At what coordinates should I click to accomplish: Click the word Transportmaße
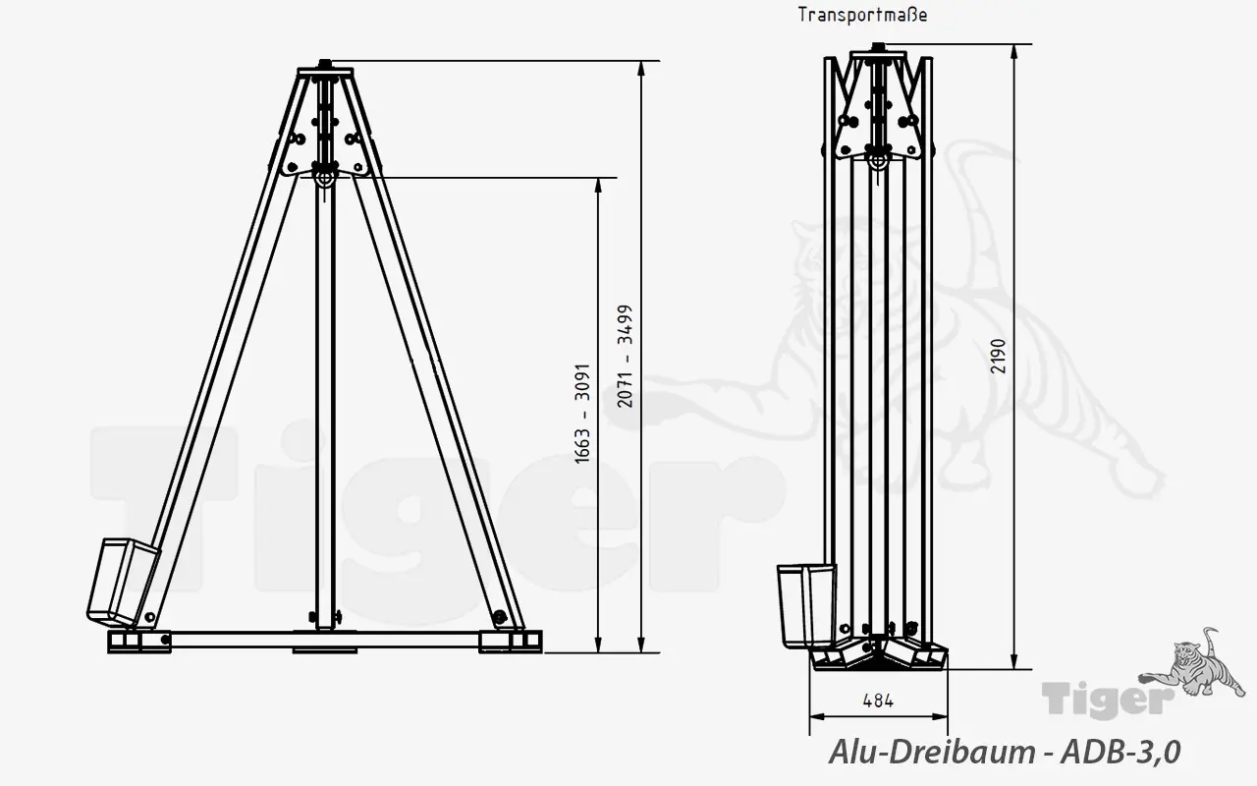[862, 15]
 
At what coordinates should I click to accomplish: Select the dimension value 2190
[999, 356]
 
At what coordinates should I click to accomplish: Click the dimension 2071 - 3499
[626, 356]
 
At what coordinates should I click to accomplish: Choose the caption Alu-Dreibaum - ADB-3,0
[1005, 752]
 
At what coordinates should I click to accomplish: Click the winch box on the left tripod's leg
[124, 581]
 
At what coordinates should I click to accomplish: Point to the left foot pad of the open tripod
[137, 642]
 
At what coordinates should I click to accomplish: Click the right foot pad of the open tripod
[510, 642]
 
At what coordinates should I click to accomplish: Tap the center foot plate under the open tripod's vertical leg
[324, 648]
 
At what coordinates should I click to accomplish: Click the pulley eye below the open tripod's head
[323, 178]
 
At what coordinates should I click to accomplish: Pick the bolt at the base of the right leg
[501, 617]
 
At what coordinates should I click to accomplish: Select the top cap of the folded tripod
[880, 48]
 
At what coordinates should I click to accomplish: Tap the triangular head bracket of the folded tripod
[880, 113]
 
